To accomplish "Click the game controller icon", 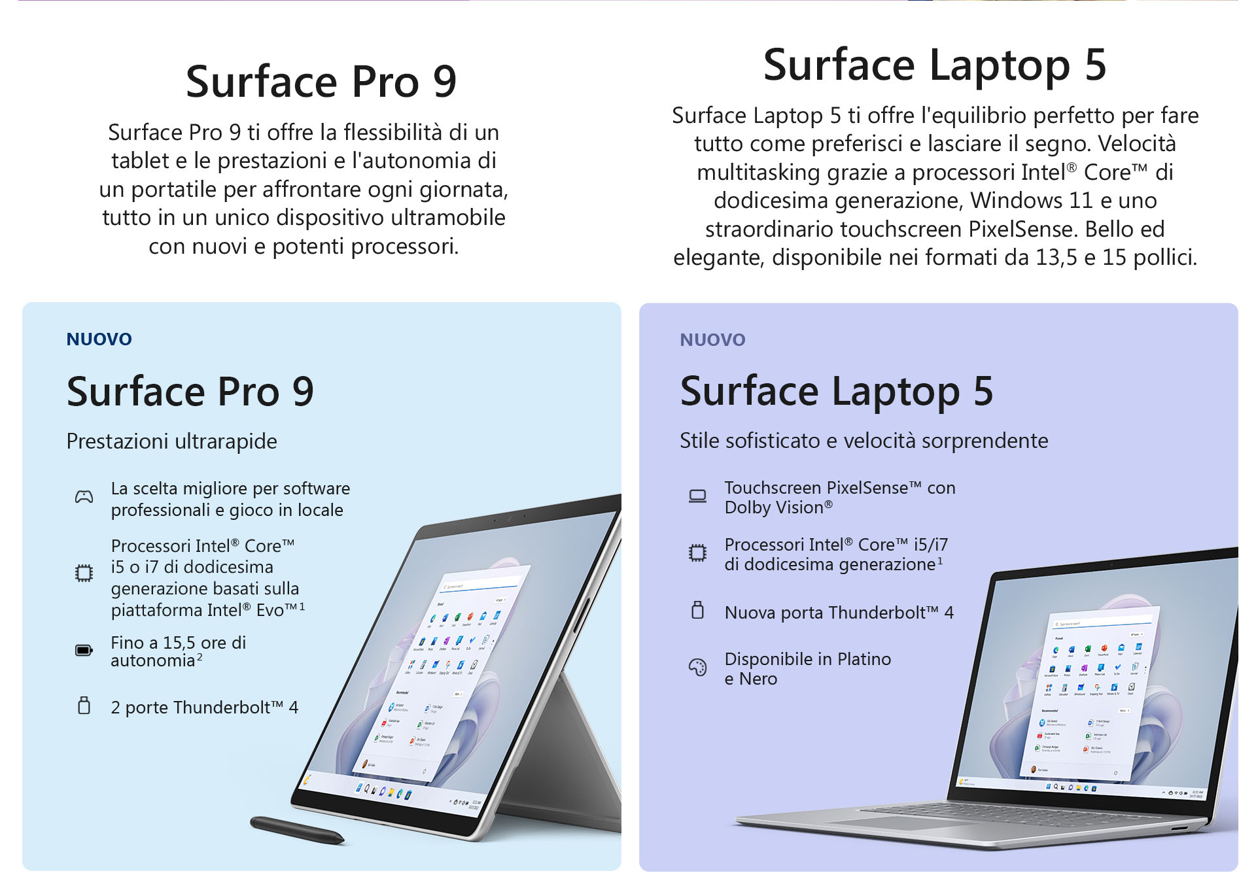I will pyautogui.click(x=84, y=498).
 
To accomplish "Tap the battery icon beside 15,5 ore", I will pyautogui.click(x=84, y=651).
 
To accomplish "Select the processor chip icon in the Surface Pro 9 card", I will pyautogui.click(x=84, y=573).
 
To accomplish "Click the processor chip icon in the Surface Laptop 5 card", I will pyautogui.click(x=697, y=553).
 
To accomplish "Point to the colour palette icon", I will pyautogui.click(x=697, y=667).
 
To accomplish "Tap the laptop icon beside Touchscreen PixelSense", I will pyautogui.click(x=697, y=496).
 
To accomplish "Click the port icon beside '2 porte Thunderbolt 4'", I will pyautogui.click(x=84, y=706).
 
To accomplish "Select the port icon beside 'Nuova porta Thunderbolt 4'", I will pyautogui.click(x=697, y=610).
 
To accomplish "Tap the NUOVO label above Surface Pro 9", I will pyautogui.click(x=99, y=339).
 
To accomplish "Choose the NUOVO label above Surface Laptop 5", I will pyautogui.click(x=712, y=340).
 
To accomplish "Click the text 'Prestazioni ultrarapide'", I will pyautogui.click(x=171, y=441).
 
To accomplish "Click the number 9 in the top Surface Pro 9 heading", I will pyautogui.click(x=445, y=82).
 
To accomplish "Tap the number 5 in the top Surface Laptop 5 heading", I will pyautogui.click(x=1095, y=65).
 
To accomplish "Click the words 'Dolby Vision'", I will pyautogui.click(x=774, y=508).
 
